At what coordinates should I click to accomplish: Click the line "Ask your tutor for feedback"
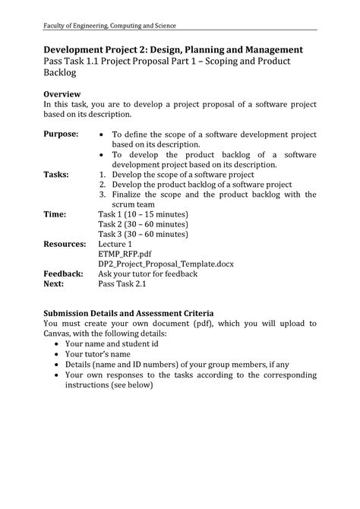(x=148, y=273)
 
